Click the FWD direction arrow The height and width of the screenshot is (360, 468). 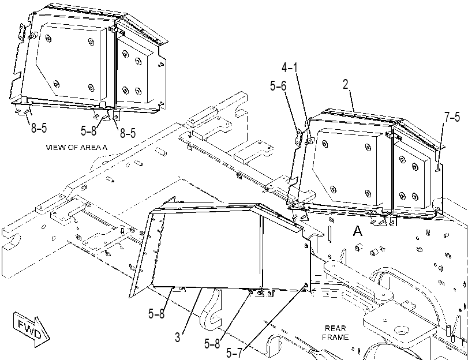coord(32,329)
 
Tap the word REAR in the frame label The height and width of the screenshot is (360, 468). coord(335,328)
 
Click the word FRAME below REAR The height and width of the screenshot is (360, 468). coord(335,337)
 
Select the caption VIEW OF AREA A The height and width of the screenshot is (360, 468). coord(77,147)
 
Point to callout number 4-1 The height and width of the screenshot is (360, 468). coord(290,67)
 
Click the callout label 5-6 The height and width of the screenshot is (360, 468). coord(278,86)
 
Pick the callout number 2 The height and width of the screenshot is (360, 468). coord(345,84)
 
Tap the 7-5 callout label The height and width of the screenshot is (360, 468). coord(452,117)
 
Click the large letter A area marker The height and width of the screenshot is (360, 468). coord(358,231)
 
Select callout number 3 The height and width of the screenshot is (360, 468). coord(178,337)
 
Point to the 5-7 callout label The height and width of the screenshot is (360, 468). coord(234,353)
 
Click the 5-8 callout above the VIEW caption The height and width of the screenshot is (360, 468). coord(89,130)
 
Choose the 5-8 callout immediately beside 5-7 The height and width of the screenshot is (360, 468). coord(212,344)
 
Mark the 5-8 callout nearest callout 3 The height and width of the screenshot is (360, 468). coord(156,313)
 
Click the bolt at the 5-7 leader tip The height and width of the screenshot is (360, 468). coord(306,286)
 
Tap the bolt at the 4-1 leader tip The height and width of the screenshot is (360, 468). coord(309,140)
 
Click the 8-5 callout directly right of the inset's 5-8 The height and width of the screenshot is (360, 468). coord(128,133)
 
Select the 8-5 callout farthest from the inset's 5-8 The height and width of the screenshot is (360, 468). coord(39,127)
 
